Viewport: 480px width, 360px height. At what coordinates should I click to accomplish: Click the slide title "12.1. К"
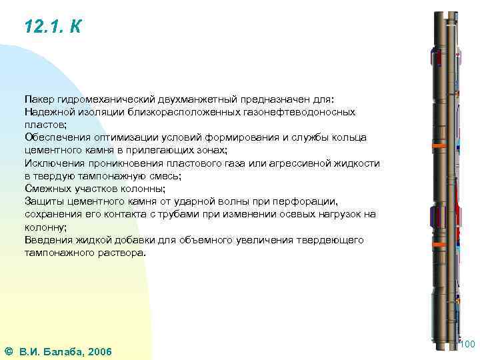[53, 27]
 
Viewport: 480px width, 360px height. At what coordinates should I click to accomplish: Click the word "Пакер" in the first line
[39, 99]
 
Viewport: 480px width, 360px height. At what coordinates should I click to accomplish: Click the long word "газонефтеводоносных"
[301, 112]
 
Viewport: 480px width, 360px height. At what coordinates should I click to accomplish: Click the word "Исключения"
[51, 163]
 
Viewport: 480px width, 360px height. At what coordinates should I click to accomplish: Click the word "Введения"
[45, 239]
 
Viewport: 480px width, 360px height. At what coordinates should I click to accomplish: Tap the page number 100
[467, 344]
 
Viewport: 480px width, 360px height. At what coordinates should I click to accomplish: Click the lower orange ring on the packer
[439, 245]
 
